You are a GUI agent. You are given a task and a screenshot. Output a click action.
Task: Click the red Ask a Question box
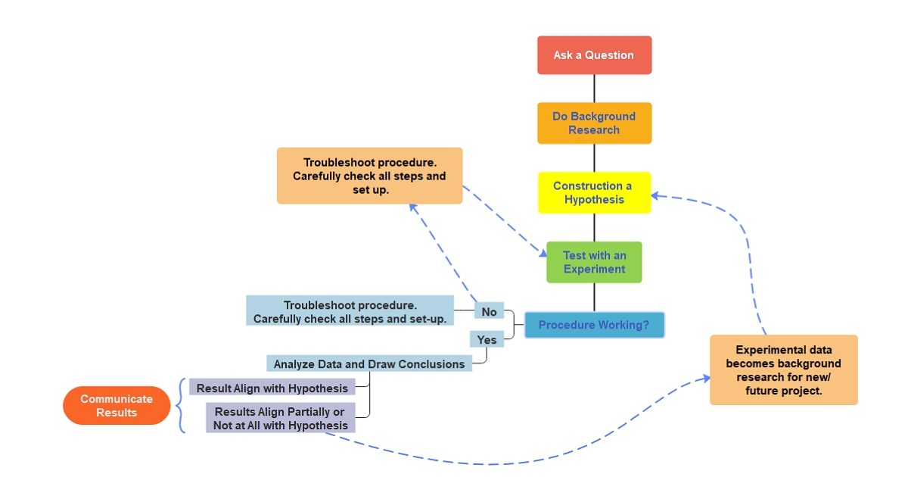pos(594,55)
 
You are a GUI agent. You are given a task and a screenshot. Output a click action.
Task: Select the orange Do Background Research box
pos(594,123)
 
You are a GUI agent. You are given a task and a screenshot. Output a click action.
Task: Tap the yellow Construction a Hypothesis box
pos(594,192)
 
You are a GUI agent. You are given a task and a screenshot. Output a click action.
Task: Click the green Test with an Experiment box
pos(594,262)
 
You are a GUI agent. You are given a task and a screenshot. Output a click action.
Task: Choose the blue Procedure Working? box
pos(594,326)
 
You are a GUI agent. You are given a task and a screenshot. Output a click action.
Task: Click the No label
pos(489,311)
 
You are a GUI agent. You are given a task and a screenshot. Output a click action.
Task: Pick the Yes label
pos(487,340)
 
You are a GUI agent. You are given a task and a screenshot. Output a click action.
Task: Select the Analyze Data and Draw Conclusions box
pos(369,364)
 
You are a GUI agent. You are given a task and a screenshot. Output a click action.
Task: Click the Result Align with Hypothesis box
pos(272,388)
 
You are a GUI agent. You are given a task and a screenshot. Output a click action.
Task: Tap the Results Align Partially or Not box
pos(280,418)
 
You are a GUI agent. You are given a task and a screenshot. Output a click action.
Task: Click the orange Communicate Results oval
pos(117,406)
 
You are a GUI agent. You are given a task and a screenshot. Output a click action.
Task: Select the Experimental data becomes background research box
pos(783,369)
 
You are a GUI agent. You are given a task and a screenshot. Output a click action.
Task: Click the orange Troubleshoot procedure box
pos(369,176)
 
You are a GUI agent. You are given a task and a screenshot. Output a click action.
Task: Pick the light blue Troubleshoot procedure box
pos(350,311)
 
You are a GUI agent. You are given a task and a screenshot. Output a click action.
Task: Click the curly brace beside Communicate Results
pos(180,406)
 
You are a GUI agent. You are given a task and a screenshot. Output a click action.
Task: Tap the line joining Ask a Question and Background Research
pos(594,88)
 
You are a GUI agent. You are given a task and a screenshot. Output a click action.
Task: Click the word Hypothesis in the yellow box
pos(594,200)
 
